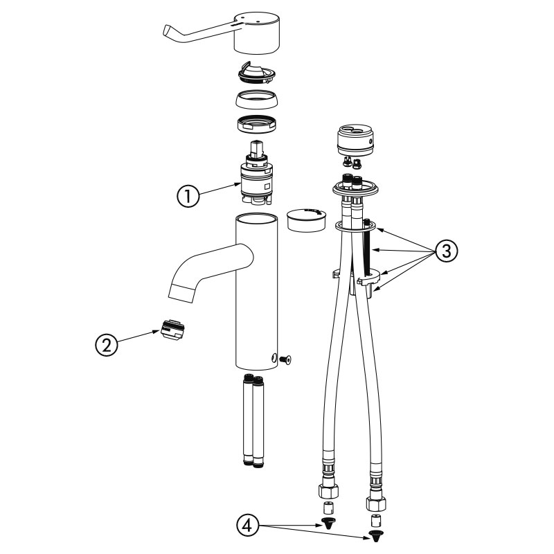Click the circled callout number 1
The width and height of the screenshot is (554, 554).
[188, 196]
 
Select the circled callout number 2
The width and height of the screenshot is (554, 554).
[107, 345]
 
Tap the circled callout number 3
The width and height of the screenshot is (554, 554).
[446, 251]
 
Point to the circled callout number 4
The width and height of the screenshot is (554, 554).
[248, 526]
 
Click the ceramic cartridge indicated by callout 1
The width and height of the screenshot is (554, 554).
[256, 180]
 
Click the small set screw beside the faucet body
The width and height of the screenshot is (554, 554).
[285, 359]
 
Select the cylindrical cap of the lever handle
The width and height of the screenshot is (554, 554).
[257, 33]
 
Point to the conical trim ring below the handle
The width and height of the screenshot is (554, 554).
[256, 100]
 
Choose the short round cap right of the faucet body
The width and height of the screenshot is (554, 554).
[307, 220]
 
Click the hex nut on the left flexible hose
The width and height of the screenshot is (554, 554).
[328, 490]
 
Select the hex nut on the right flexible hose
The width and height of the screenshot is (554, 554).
[375, 503]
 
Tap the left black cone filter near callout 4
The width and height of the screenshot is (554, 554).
[328, 522]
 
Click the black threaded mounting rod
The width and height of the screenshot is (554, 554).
[369, 247]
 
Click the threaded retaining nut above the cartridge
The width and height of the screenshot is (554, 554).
[256, 125]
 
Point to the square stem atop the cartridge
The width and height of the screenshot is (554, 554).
[256, 148]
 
